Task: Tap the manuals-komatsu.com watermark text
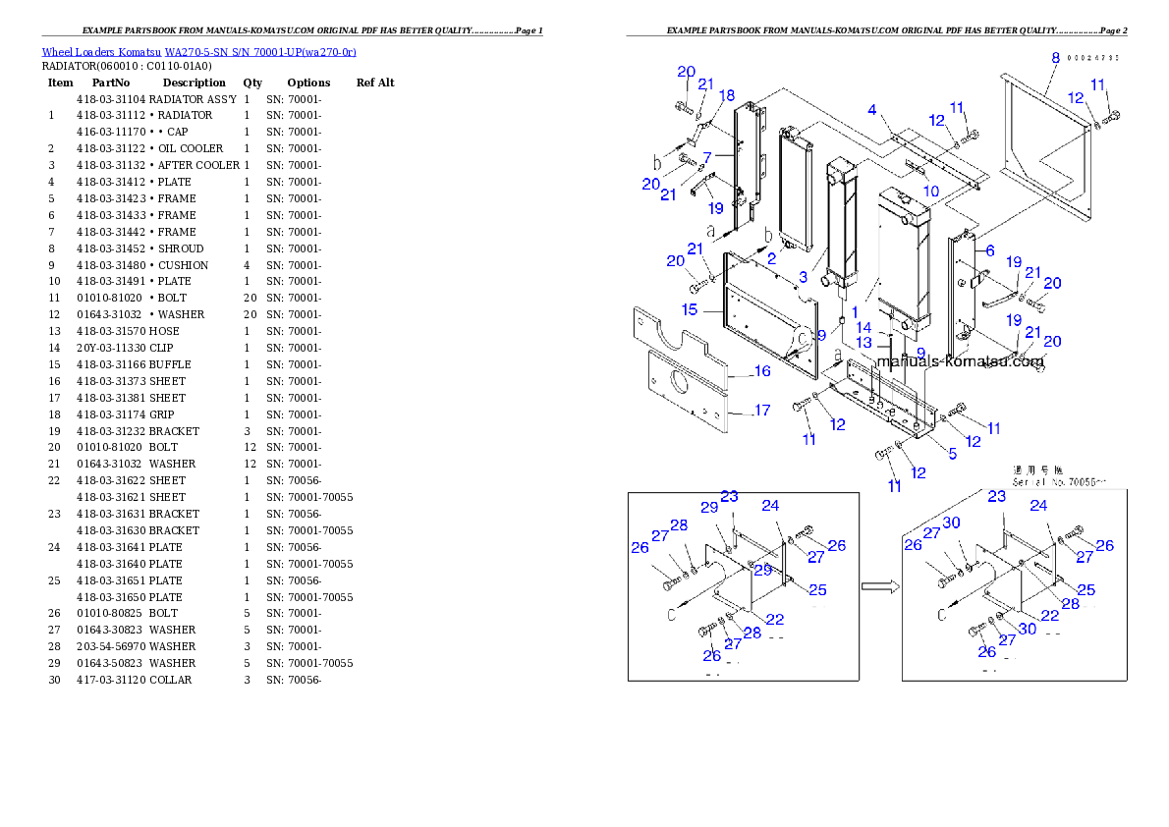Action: (x=960, y=361)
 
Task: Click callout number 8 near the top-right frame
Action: (x=1055, y=58)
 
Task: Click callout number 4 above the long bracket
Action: (x=871, y=109)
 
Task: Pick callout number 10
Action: (x=930, y=191)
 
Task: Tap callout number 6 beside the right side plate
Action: (x=990, y=251)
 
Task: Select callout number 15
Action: (x=690, y=309)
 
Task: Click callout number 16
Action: (x=762, y=371)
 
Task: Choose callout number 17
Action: (x=762, y=411)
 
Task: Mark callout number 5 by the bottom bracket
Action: (x=951, y=453)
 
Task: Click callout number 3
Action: (x=803, y=278)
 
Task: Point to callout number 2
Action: (x=772, y=259)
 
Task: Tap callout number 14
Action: (x=863, y=327)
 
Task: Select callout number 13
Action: (x=863, y=343)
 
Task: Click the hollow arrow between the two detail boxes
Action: (x=880, y=587)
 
